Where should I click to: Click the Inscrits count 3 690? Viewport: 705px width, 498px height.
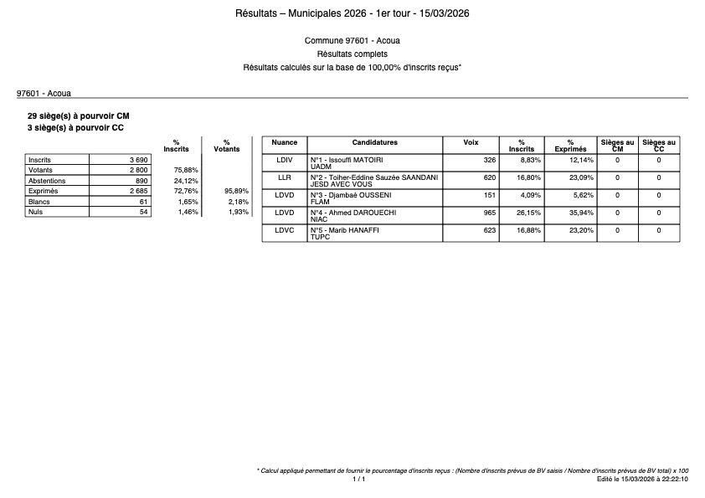click(138, 159)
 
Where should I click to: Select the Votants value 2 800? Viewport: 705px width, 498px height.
click(138, 170)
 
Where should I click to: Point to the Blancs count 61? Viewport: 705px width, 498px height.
click(143, 202)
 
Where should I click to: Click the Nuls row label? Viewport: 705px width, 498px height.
click(35, 213)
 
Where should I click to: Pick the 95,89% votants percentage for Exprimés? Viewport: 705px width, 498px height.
click(235, 192)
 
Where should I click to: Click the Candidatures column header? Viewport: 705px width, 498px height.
click(374, 143)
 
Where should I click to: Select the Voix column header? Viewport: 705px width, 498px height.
click(471, 143)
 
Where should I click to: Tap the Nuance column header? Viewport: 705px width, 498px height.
click(285, 143)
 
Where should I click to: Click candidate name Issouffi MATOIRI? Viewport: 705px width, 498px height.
click(345, 159)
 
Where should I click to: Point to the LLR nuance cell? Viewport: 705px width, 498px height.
click(285, 177)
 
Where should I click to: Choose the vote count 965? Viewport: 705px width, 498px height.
click(487, 212)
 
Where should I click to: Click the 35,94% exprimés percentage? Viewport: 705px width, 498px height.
click(579, 212)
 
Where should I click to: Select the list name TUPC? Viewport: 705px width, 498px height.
click(319, 237)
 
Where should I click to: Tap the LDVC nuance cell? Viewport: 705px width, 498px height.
click(285, 229)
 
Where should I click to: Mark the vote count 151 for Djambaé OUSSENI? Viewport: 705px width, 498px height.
click(487, 194)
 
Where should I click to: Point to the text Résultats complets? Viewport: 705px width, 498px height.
click(352, 54)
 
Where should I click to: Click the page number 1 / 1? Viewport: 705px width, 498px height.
click(358, 480)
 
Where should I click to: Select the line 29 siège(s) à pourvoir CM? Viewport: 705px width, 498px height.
click(79, 116)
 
